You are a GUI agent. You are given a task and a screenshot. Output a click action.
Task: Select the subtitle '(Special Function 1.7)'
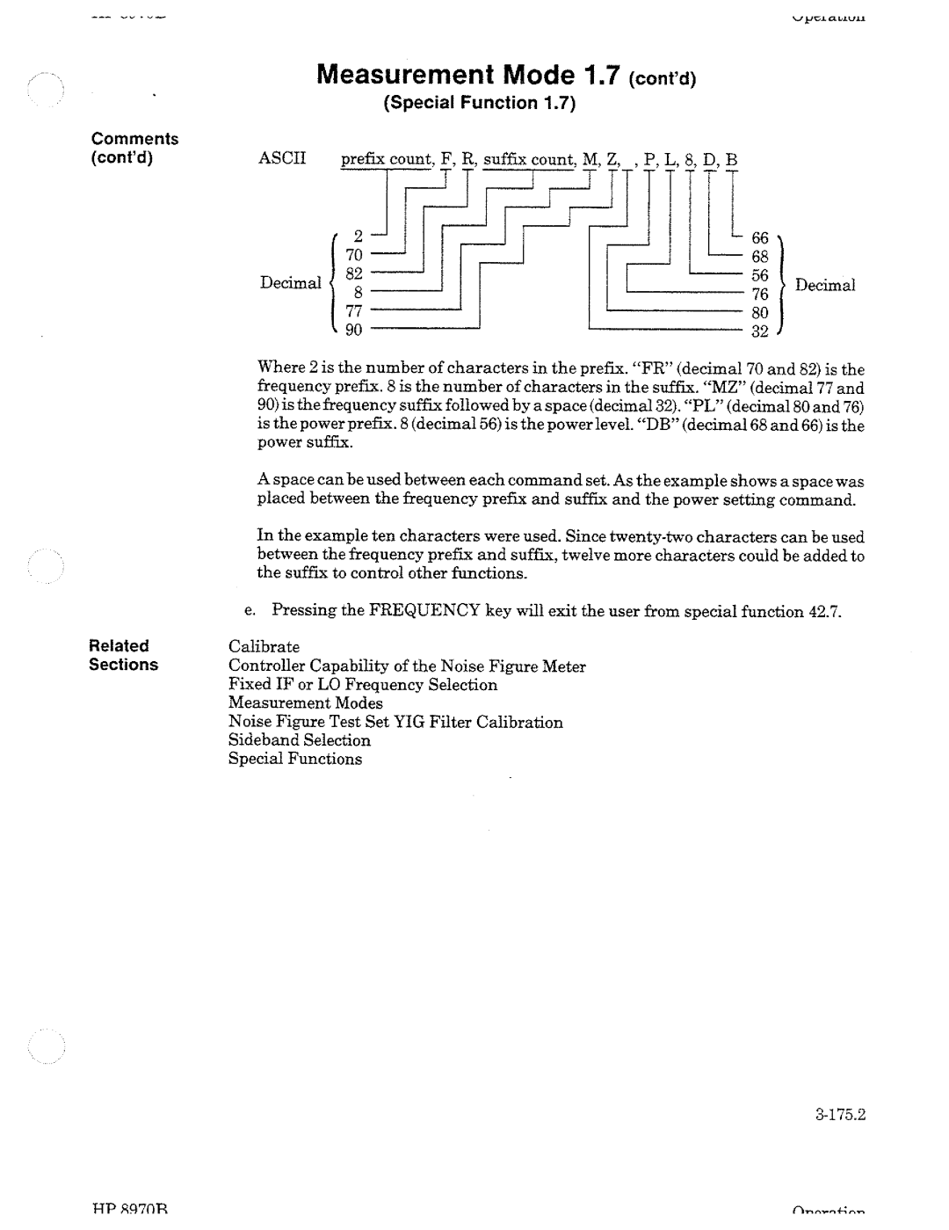click(x=479, y=104)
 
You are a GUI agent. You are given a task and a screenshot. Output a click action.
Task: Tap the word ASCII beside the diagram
click(x=280, y=159)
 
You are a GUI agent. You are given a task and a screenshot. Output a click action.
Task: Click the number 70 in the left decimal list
click(x=353, y=255)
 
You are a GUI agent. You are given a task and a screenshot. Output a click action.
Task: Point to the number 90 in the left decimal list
click(x=353, y=330)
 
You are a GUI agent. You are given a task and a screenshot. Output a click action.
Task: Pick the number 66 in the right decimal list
click(x=759, y=238)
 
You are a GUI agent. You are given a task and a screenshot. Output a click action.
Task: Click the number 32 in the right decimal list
click(x=759, y=332)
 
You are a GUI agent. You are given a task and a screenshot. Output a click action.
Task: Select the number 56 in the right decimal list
click(x=759, y=276)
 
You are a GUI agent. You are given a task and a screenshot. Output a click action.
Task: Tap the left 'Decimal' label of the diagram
click(x=290, y=283)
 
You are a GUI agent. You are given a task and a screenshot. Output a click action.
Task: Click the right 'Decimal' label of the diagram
click(x=825, y=285)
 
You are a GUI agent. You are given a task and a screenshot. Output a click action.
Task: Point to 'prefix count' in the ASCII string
click(x=387, y=159)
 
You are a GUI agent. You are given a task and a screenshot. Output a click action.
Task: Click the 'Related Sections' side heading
click(x=123, y=655)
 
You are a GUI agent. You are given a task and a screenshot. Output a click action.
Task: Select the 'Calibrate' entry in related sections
click(x=264, y=647)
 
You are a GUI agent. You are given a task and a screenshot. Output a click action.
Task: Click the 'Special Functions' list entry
click(x=294, y=759)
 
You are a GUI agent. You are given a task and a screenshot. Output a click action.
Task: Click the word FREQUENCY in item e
click(x=424, y=611)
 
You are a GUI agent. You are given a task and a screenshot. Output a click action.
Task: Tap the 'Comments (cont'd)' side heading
click(x=135, y=149)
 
